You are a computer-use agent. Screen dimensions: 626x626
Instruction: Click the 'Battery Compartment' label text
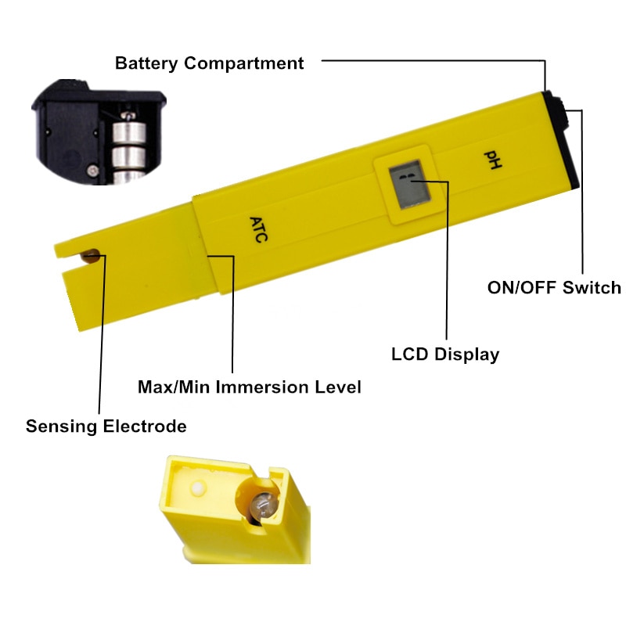209,63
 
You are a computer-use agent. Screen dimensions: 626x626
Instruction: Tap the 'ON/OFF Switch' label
554,287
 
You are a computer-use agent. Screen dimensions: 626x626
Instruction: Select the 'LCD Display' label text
445,354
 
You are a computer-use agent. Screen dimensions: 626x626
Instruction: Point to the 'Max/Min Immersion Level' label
250,387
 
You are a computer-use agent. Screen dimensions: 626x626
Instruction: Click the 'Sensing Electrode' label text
106,426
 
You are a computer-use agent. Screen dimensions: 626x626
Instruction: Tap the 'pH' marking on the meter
493,160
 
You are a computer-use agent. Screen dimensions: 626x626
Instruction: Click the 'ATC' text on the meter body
258,229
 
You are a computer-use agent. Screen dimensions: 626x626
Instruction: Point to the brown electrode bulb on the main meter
91,256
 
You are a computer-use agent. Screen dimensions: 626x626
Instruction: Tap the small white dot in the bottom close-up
198,487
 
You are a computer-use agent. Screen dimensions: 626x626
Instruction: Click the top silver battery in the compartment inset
129,132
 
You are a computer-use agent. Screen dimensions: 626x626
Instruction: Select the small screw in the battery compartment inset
93,171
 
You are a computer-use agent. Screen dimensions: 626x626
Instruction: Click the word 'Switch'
592,287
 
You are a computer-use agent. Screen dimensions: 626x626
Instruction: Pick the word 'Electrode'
145,426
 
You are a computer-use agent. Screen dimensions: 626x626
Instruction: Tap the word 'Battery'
146,63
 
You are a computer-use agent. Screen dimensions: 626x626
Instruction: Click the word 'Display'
466,354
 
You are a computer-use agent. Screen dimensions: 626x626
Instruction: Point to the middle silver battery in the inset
128,157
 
